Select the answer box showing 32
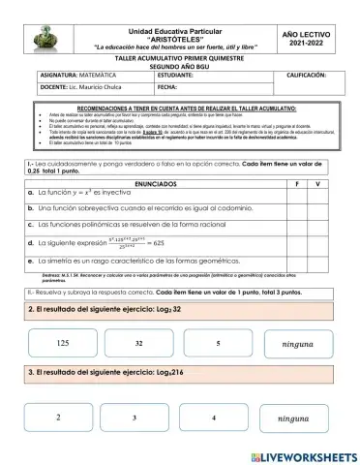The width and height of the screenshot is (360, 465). coord(139,344)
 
